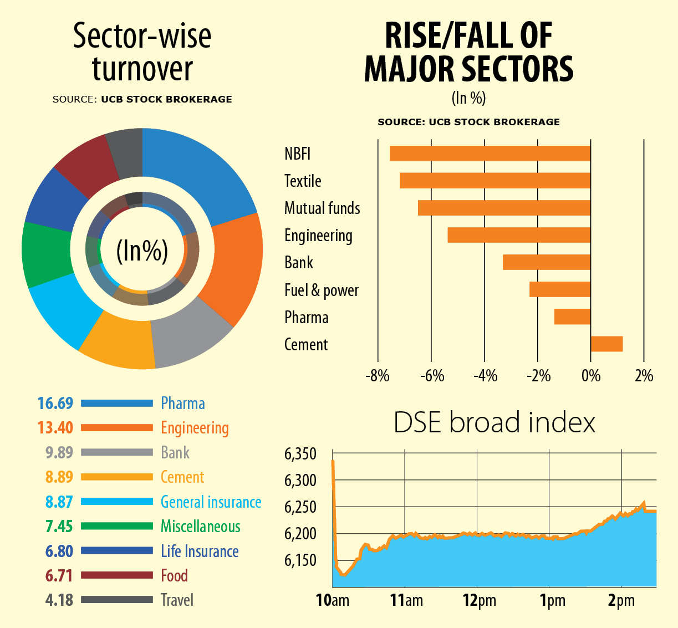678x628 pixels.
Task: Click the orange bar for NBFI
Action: tap(490, 154)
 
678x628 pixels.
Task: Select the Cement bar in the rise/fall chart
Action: tap(606, 344)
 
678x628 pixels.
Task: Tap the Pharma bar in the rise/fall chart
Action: tap(572, 316)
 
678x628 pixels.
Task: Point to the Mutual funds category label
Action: tap(322, 208)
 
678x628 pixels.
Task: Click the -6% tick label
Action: tap(432, 376)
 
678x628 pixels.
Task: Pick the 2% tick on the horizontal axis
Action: tap(644, 376)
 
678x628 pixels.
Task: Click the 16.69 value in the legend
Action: tap(55, 403)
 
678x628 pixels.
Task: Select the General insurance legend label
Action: tap(211, 502)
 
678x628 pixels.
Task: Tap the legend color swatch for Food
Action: tap(116, 575)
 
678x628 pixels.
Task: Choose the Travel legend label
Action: tap(177, 600)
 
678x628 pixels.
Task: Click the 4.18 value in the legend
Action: tap(59, 600)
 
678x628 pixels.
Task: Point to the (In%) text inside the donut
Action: tap(142, 251)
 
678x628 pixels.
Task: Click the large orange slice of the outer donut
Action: tap(233, 266)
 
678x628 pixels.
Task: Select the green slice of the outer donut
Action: tap(47, 253)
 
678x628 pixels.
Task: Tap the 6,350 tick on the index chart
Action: tap(300, 454)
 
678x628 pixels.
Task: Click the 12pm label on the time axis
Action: tap(480, 601)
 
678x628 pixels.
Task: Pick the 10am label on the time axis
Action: tap(333, 601)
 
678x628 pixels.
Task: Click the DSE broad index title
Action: tap(494, 422)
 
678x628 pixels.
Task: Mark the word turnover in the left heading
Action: tap(142, 69)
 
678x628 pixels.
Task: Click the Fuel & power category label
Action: tap(322, 290)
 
